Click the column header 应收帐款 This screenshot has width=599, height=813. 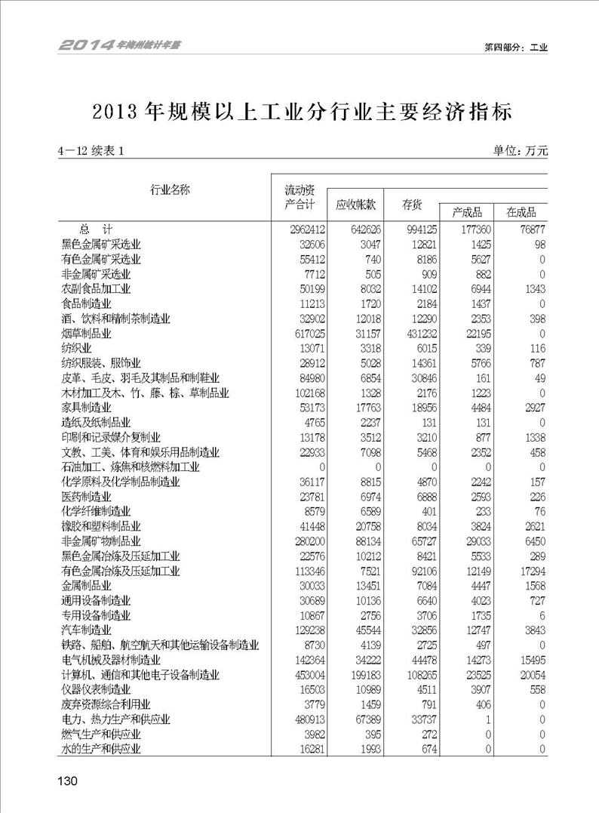click(x=355, y=205)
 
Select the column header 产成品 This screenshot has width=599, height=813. click(x=467, y=212)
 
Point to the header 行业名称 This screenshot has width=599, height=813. click(x=170, y=189)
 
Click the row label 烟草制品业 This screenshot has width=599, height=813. click(x=86, y=333)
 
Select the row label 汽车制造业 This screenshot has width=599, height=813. click(x=86, y=629)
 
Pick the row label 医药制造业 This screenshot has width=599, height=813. click(x=86, y=496)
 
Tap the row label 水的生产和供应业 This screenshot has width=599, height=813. click(x=101, y=748)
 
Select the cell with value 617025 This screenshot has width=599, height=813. click(x=304, y=333)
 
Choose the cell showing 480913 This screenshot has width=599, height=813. click(x=304, y=719)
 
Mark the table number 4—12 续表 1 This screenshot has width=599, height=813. click(x=91, y=151)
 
